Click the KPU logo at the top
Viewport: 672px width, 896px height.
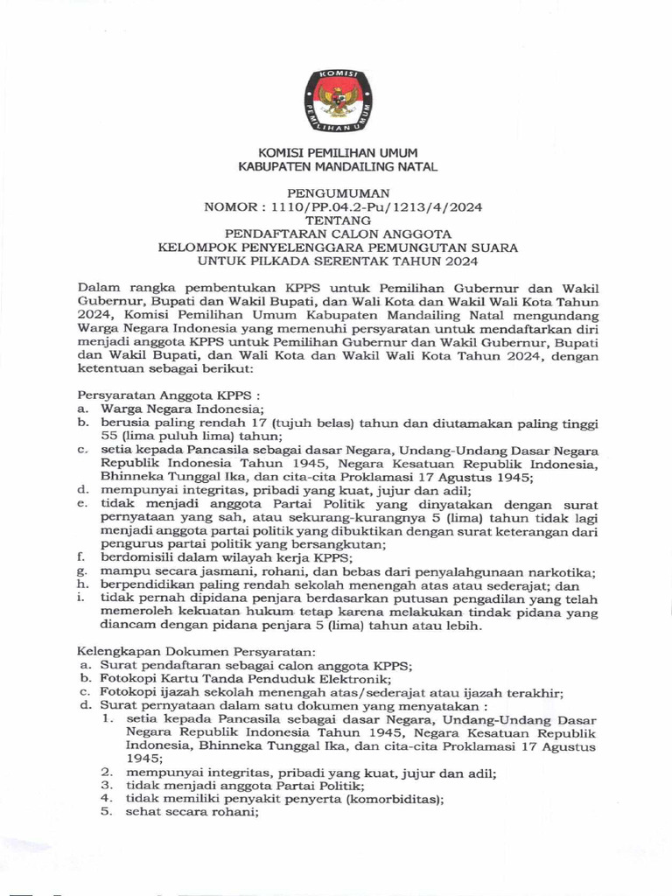coord(337,101)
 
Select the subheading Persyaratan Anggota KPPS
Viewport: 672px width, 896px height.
coord(144,395)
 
